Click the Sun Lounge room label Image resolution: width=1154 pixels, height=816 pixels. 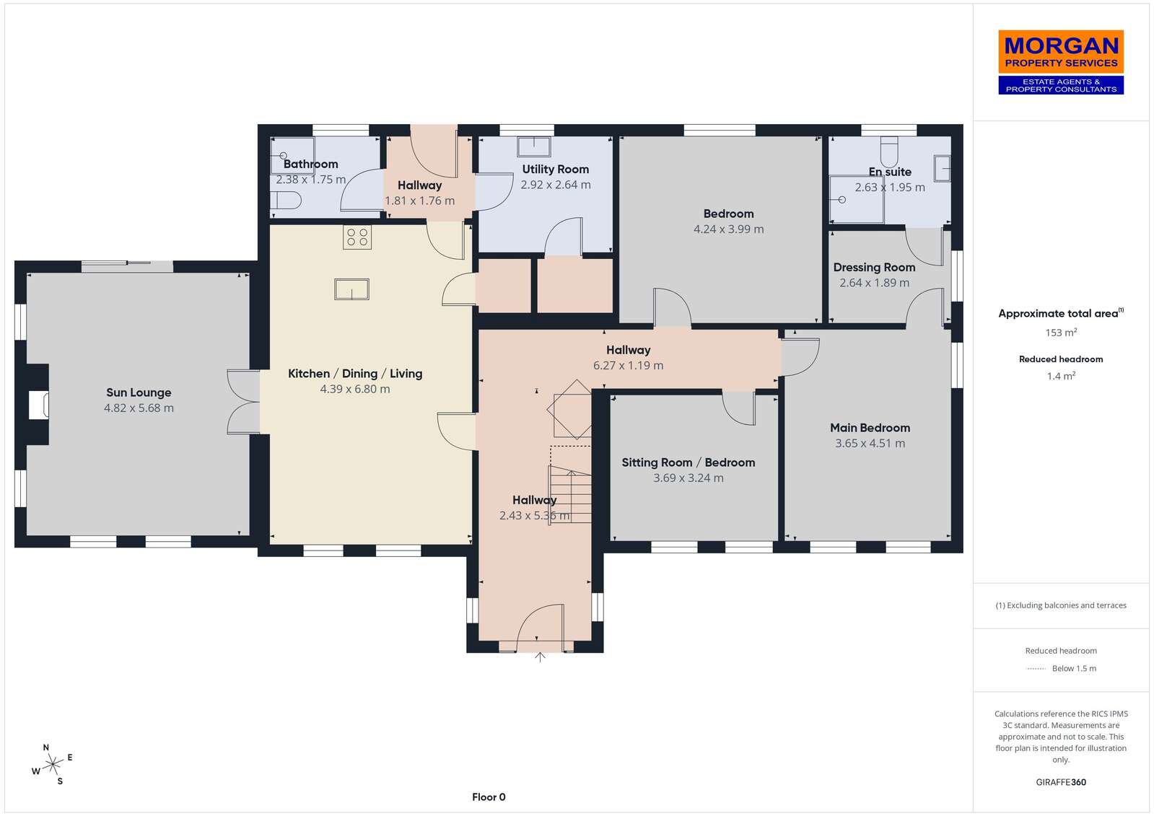click(x=139, y=392)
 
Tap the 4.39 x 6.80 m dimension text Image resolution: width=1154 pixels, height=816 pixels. click(x=355, y=389)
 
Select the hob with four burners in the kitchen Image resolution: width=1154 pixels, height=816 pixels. click(x=357, y=237)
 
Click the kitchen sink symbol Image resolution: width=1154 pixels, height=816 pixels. click(x=351, y=289)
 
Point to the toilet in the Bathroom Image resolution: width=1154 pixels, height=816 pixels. click(x=285, y=200)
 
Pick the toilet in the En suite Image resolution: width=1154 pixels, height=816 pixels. click(x=888, y=152)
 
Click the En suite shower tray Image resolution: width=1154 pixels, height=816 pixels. click(x=856, y=200)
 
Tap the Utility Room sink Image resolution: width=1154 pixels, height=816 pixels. click(x=534, y=146)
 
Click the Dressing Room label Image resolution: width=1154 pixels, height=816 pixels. click(x=874, y=268)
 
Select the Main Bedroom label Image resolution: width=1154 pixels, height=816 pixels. click(x=870, y=428)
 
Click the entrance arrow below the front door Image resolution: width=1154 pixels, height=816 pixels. click(x=540, y=657)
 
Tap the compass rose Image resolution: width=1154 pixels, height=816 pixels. click(x=53, y=765)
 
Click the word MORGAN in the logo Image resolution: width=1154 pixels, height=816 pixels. click(x=1061, y=46)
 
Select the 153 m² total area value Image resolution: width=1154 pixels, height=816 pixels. click(x=1061, y=333)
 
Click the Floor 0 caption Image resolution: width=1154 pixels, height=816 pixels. click(x=489, y=797)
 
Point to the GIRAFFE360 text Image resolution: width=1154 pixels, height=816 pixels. click(x=1061, y=782)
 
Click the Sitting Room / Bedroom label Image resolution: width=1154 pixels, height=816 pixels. click(x=689, y=462)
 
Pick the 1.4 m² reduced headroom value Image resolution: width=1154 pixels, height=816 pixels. click(x=1061, y=376)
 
